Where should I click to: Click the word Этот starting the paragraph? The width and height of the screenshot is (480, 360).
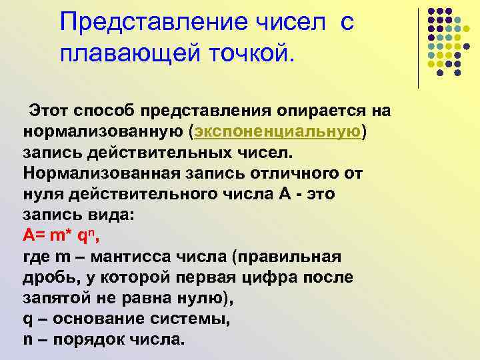pyautogui.click(x=48, y=110)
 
